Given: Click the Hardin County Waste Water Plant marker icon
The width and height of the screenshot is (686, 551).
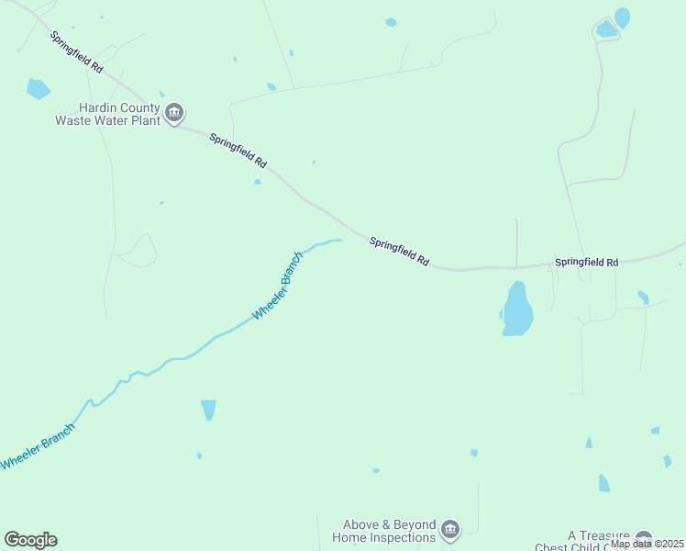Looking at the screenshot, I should [x=174, y=114].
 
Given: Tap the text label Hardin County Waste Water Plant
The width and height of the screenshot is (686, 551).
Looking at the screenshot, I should [x=107, y=114].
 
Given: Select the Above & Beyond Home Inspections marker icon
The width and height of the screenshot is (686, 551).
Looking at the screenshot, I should [x=449, y=529].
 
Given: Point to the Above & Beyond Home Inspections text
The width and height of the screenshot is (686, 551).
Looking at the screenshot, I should [x=383, y=531].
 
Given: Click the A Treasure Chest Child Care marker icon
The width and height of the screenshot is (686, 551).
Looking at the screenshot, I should [x=644, y=540].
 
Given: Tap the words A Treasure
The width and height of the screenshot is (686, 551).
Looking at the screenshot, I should [x=599, y=535].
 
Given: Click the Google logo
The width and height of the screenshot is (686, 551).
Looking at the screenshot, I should [x=30, y=540].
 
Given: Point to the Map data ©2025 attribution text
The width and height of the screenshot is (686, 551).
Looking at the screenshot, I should [x=647, y=544].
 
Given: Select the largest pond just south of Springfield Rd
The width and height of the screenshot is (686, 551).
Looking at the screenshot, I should [x=517, y=309].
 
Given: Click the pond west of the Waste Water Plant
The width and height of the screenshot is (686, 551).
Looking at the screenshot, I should [x=38, y=89].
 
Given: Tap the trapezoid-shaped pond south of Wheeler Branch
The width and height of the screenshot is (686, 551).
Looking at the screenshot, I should [x=208, y=410].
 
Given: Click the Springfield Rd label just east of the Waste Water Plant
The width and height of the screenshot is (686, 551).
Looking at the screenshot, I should [x=238, y=151].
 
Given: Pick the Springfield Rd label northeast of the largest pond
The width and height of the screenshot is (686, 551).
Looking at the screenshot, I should [x=586, y=262].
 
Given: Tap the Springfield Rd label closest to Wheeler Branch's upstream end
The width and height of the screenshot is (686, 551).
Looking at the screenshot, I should [x=399, y=252].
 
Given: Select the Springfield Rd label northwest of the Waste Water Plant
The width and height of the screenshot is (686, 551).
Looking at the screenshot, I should [x=76, y=53].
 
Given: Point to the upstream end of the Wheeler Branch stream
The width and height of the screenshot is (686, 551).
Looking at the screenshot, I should [x=339, y=241].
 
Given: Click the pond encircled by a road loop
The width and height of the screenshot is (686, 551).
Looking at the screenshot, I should [x=606, y=29].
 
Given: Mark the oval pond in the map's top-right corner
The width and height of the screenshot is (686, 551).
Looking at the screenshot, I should [x=622, y=17].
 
